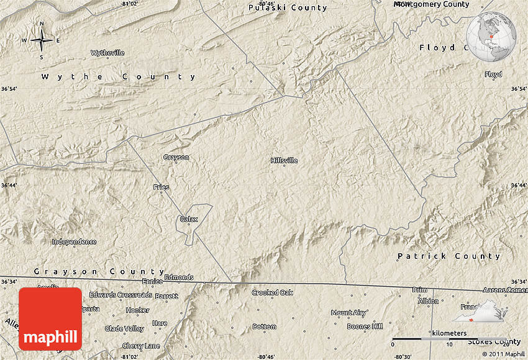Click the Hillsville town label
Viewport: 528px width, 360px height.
[284, 160]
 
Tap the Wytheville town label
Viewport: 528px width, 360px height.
[107, 53]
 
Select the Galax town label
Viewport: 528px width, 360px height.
[188, 219]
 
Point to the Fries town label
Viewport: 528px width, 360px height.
[161, 187]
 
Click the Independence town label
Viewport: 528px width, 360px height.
[74, 241]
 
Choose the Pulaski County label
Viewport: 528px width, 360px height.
[287, 7]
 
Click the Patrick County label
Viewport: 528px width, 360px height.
[448, 256]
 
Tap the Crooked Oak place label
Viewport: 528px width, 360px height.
[272, 292]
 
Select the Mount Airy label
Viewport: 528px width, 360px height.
[348, 313]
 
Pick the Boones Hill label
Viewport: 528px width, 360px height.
[365, 326]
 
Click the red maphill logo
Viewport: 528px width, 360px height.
[50, 318]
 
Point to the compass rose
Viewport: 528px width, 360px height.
[42, 41]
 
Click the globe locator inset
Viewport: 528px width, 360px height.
[492, 38]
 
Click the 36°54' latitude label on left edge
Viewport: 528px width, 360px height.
[9, 89]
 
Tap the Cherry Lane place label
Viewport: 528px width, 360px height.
[141, 346]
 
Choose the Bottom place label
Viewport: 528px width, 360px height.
[264, 326]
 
